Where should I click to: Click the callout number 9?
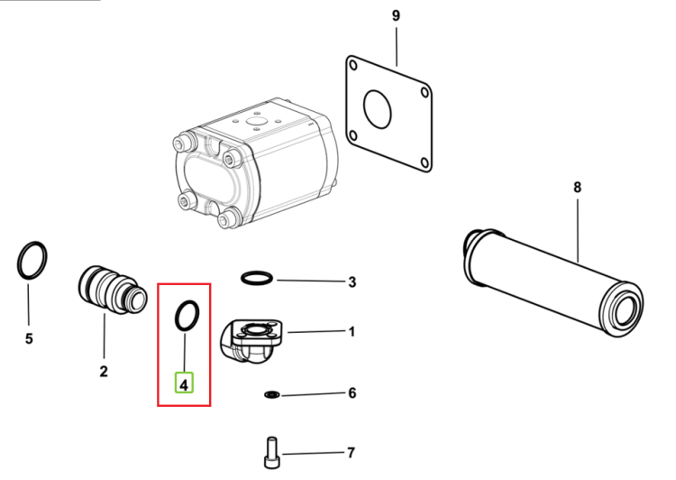click(396, 16)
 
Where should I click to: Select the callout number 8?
click(577, 188)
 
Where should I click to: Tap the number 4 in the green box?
click(184, 384)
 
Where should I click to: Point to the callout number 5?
click(29, 339)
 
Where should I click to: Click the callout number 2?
click(104, 372)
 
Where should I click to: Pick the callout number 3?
click(352, 282)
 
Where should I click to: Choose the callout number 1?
click(352, 332)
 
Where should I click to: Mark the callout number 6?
click(352, 393)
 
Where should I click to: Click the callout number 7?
click(352, 453)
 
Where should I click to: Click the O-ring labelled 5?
click(19, 261)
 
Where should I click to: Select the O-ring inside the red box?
click(177, 317)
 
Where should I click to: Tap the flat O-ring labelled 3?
click(257, 272)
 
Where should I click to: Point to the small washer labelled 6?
click(271, 394)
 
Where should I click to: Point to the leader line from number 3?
click(312, 281)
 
